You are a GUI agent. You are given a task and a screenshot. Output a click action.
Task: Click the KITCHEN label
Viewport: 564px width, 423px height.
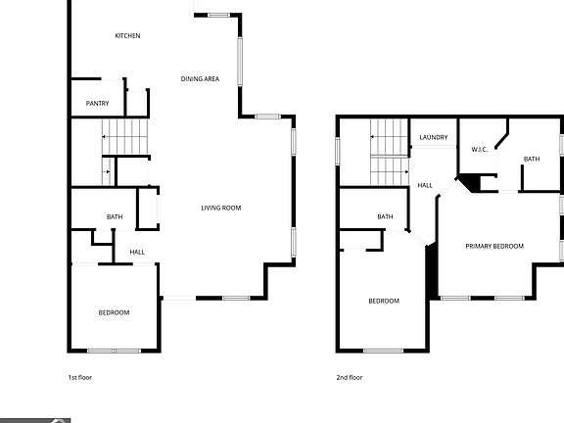point(127,36)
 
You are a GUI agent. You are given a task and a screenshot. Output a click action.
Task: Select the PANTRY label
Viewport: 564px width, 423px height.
point(97,104)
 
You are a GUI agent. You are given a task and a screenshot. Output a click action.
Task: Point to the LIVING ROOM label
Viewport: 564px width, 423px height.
point(220,208)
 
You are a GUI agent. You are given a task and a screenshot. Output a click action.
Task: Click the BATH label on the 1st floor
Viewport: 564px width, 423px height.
point(114,217)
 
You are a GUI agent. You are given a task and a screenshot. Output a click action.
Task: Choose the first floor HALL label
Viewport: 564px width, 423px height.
point(137,253)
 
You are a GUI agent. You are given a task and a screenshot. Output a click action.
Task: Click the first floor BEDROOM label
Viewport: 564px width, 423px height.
point(114,312)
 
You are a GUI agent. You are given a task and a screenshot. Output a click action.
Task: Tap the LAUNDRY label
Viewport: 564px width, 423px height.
point(433,138)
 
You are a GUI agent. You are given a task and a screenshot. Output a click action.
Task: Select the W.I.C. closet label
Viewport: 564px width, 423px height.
point(480,150)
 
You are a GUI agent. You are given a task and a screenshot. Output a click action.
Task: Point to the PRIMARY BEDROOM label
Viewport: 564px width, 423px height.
point(493,246)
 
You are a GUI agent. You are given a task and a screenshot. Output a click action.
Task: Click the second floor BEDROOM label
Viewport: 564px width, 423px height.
point(384,301)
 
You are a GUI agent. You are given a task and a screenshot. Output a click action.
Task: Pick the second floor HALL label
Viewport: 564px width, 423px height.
point(425,185)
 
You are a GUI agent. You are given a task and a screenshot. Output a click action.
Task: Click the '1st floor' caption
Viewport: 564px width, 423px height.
point(79,377)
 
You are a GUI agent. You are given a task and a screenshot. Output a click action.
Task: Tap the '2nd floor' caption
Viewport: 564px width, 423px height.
point(350,377)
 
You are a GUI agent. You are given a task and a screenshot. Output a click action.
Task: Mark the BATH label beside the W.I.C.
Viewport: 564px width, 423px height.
point(531,159)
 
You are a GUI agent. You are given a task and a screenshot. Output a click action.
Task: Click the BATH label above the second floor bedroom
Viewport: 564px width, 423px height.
point(385,217)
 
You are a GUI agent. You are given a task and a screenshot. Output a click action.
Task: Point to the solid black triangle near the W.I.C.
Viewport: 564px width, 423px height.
point(472,183)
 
